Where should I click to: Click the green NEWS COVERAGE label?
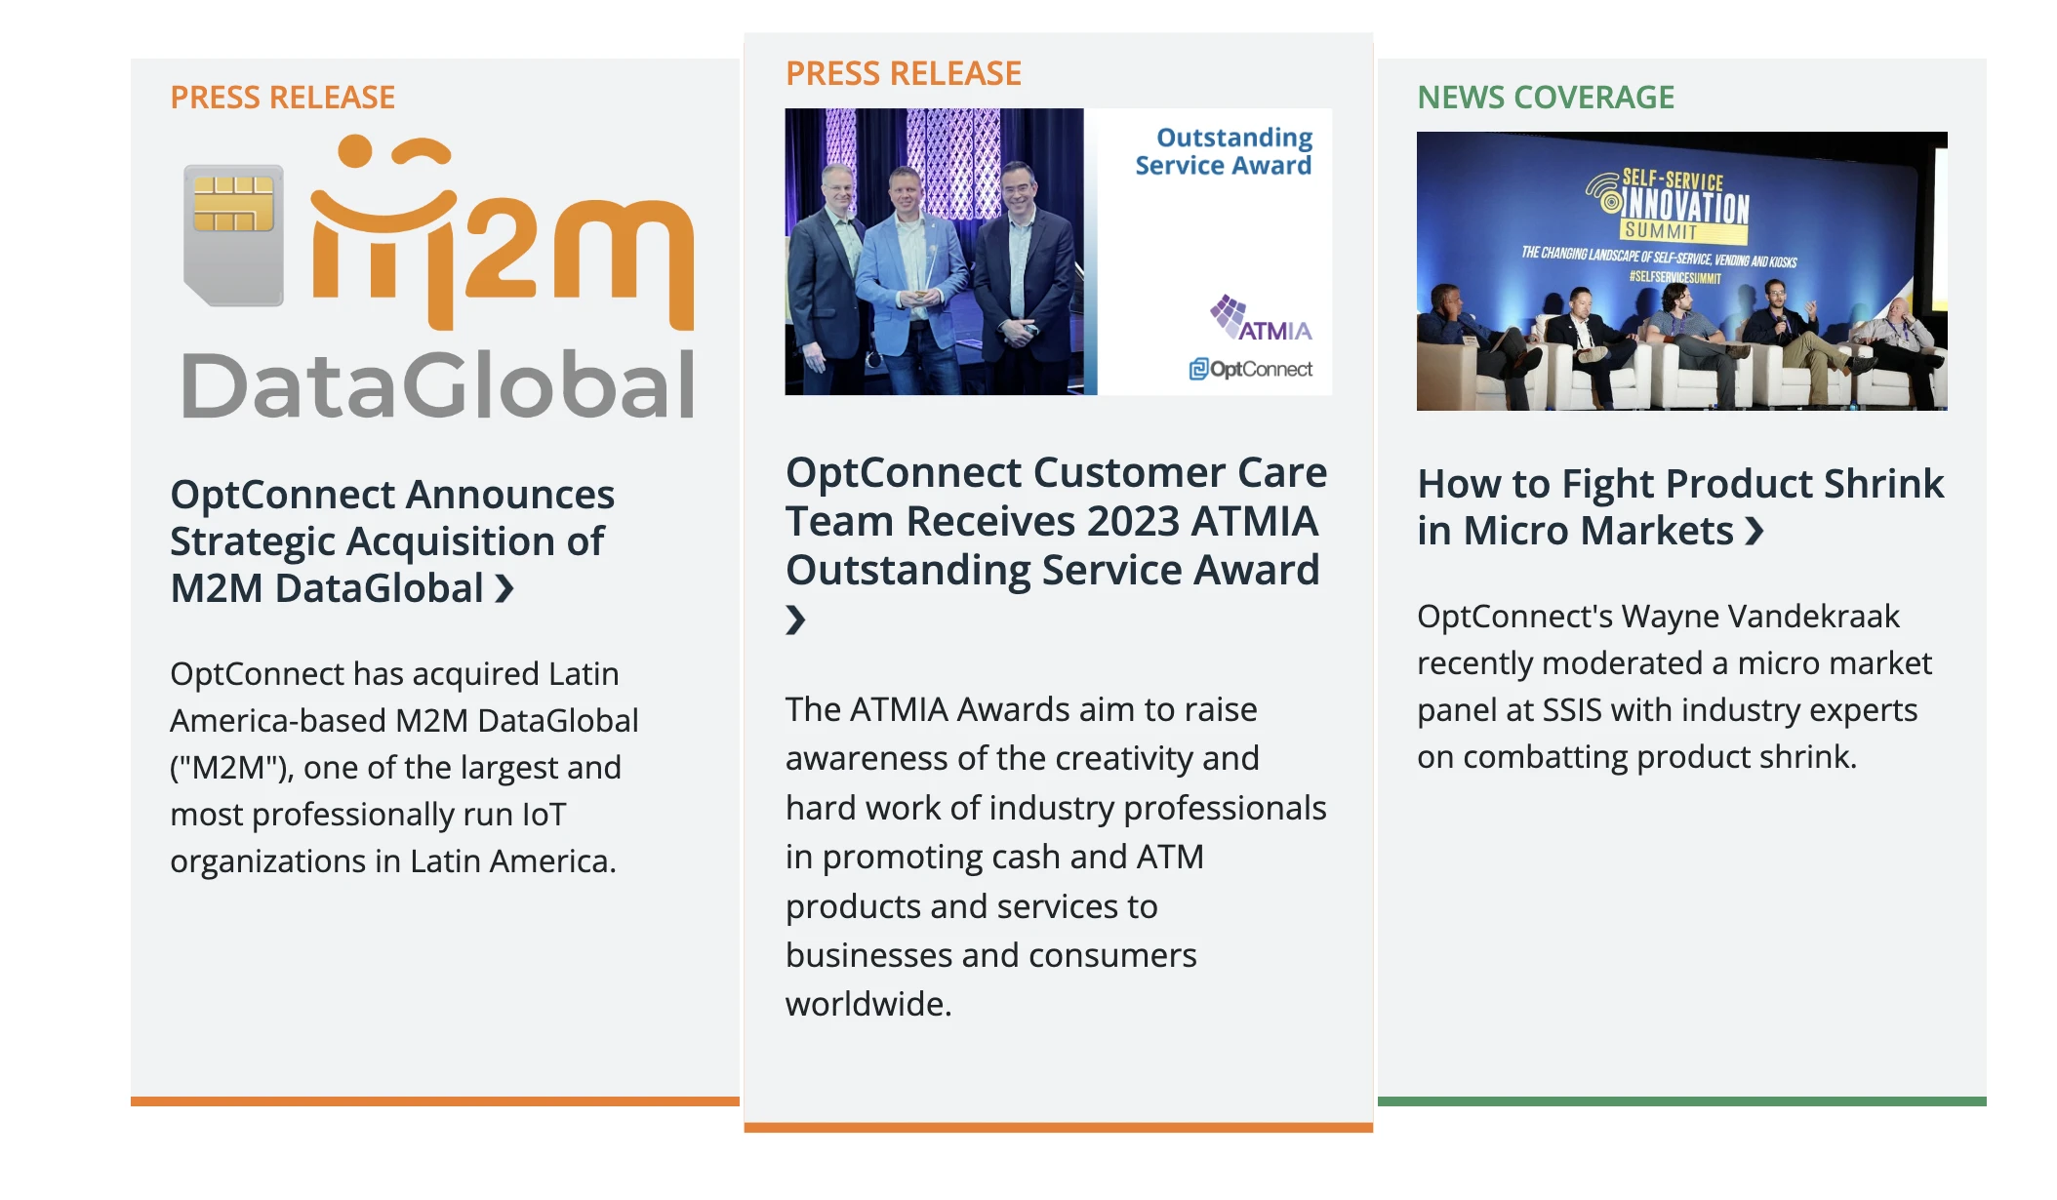tap(1546, 98)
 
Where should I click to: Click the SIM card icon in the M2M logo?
tap(233, 235)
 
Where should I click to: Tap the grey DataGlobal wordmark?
tap(438, 385)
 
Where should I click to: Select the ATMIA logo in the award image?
tap(1261, 318)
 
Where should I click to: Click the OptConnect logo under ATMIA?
tap(1250, 369)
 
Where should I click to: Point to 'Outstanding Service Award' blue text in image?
tap(1224, 151)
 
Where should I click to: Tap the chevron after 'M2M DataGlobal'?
tap(504, 589)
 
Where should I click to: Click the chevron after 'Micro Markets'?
tap(1754, 531)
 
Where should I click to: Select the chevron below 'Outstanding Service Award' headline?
tap(796, 620)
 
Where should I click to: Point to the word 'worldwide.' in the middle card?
tap(868, 1004)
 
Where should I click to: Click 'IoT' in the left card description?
tap(544, 815)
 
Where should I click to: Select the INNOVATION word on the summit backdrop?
tap(1686, 207)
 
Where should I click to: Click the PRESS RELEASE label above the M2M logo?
tap(283, 98)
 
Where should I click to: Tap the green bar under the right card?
tap(1682, 1101)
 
